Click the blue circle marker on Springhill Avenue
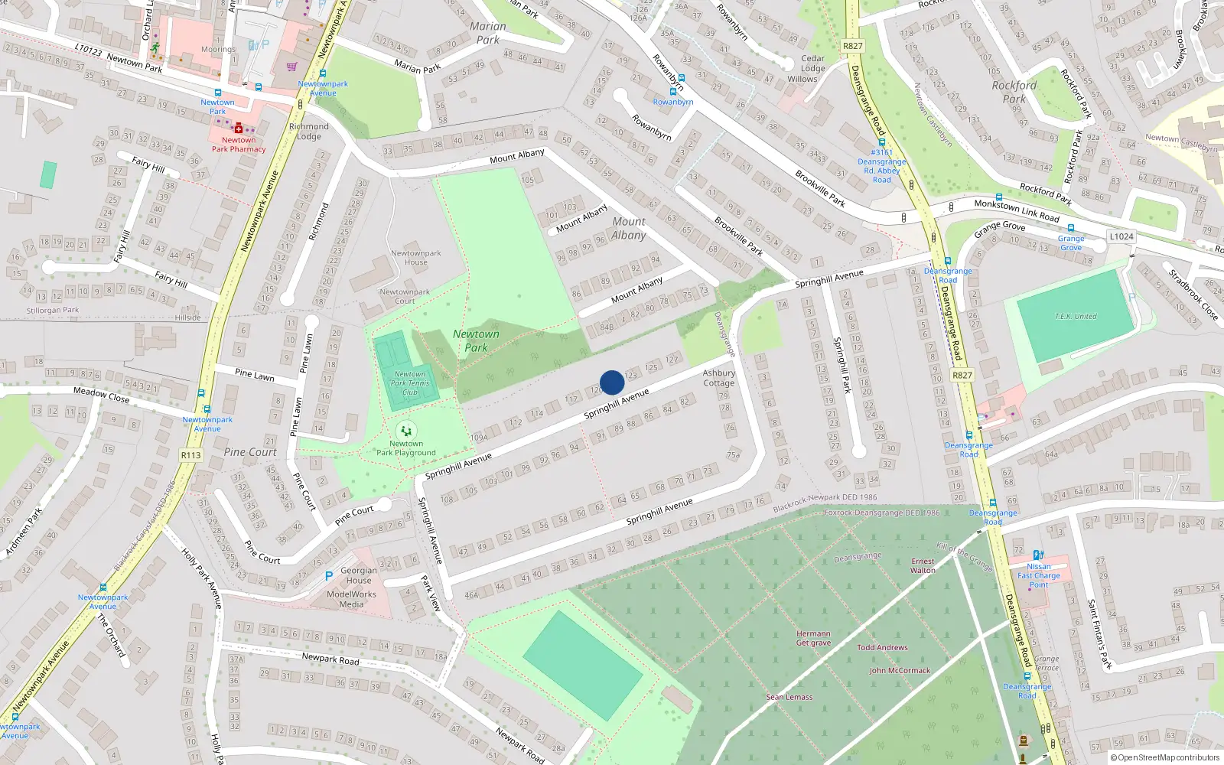tap(612, 382)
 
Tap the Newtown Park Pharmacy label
tap(239, 145)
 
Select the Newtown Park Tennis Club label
tap(410, 383)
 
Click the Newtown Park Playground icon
tap(406, 431)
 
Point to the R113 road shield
tap(190, 455)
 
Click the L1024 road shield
tap(1121, 236)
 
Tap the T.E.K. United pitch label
tap(1076, 316)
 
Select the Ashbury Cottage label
tap(718, 378)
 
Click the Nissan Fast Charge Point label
tap(1039, 575)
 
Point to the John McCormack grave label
tap(900, 671)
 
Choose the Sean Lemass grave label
tap(789, 697)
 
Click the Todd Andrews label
tap(882, 647)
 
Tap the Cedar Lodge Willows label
tap(812, 69)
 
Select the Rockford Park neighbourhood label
tap(1014, 92)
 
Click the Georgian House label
tap(359, 575)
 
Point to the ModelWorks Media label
tap(351, 599)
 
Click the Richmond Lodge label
tap(308, 132)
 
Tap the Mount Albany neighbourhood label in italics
tap(629, 228)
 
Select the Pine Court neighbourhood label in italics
tap(250, 452)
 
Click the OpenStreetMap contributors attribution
tap(1164, 758)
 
